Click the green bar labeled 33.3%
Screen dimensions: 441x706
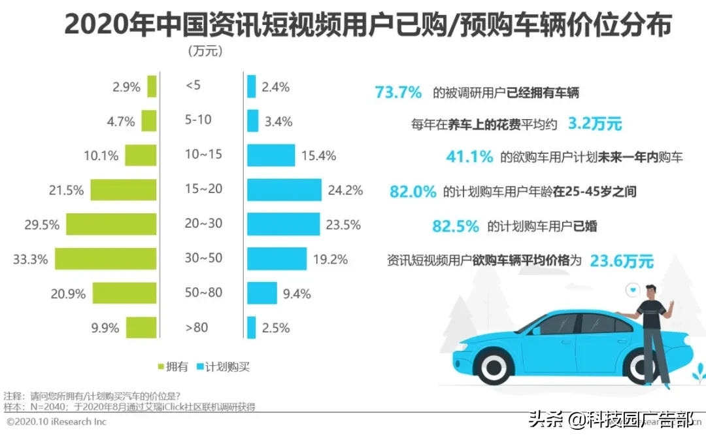(105, 258)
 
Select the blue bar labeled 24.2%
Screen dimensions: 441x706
(284, 190)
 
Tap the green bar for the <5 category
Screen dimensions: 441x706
(152, 86)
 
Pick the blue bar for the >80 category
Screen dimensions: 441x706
(251, 327)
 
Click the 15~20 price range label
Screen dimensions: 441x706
(203, 189)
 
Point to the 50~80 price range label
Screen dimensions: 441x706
(203, 292)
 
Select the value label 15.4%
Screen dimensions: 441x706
(319, 156)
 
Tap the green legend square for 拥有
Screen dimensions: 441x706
(161, 367)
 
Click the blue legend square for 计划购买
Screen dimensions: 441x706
(200, 367)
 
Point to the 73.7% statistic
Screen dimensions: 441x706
(398, 92)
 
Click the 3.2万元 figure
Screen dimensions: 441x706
(594, 123)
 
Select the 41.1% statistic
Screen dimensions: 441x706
(469, 157)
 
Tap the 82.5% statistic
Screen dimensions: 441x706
(456, 226)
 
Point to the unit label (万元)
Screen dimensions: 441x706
(205, 50)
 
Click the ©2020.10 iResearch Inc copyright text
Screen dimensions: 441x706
(56, 422)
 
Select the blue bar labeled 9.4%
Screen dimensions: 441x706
(261, 292)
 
